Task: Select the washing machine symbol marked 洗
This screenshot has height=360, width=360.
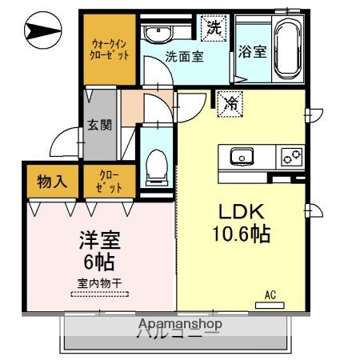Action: (x=214, y=27)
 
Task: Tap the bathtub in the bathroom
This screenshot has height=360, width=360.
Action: (x=286, y=48)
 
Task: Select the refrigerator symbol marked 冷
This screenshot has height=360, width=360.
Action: (x=230, y=102)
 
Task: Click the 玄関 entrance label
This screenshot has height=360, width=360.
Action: (x=100, y=125)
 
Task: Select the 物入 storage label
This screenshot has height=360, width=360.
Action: (x=52, y=182)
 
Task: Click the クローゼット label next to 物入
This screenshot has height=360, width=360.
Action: (x=110, y=182)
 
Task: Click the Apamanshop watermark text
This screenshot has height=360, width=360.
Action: (x=180, y=324)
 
